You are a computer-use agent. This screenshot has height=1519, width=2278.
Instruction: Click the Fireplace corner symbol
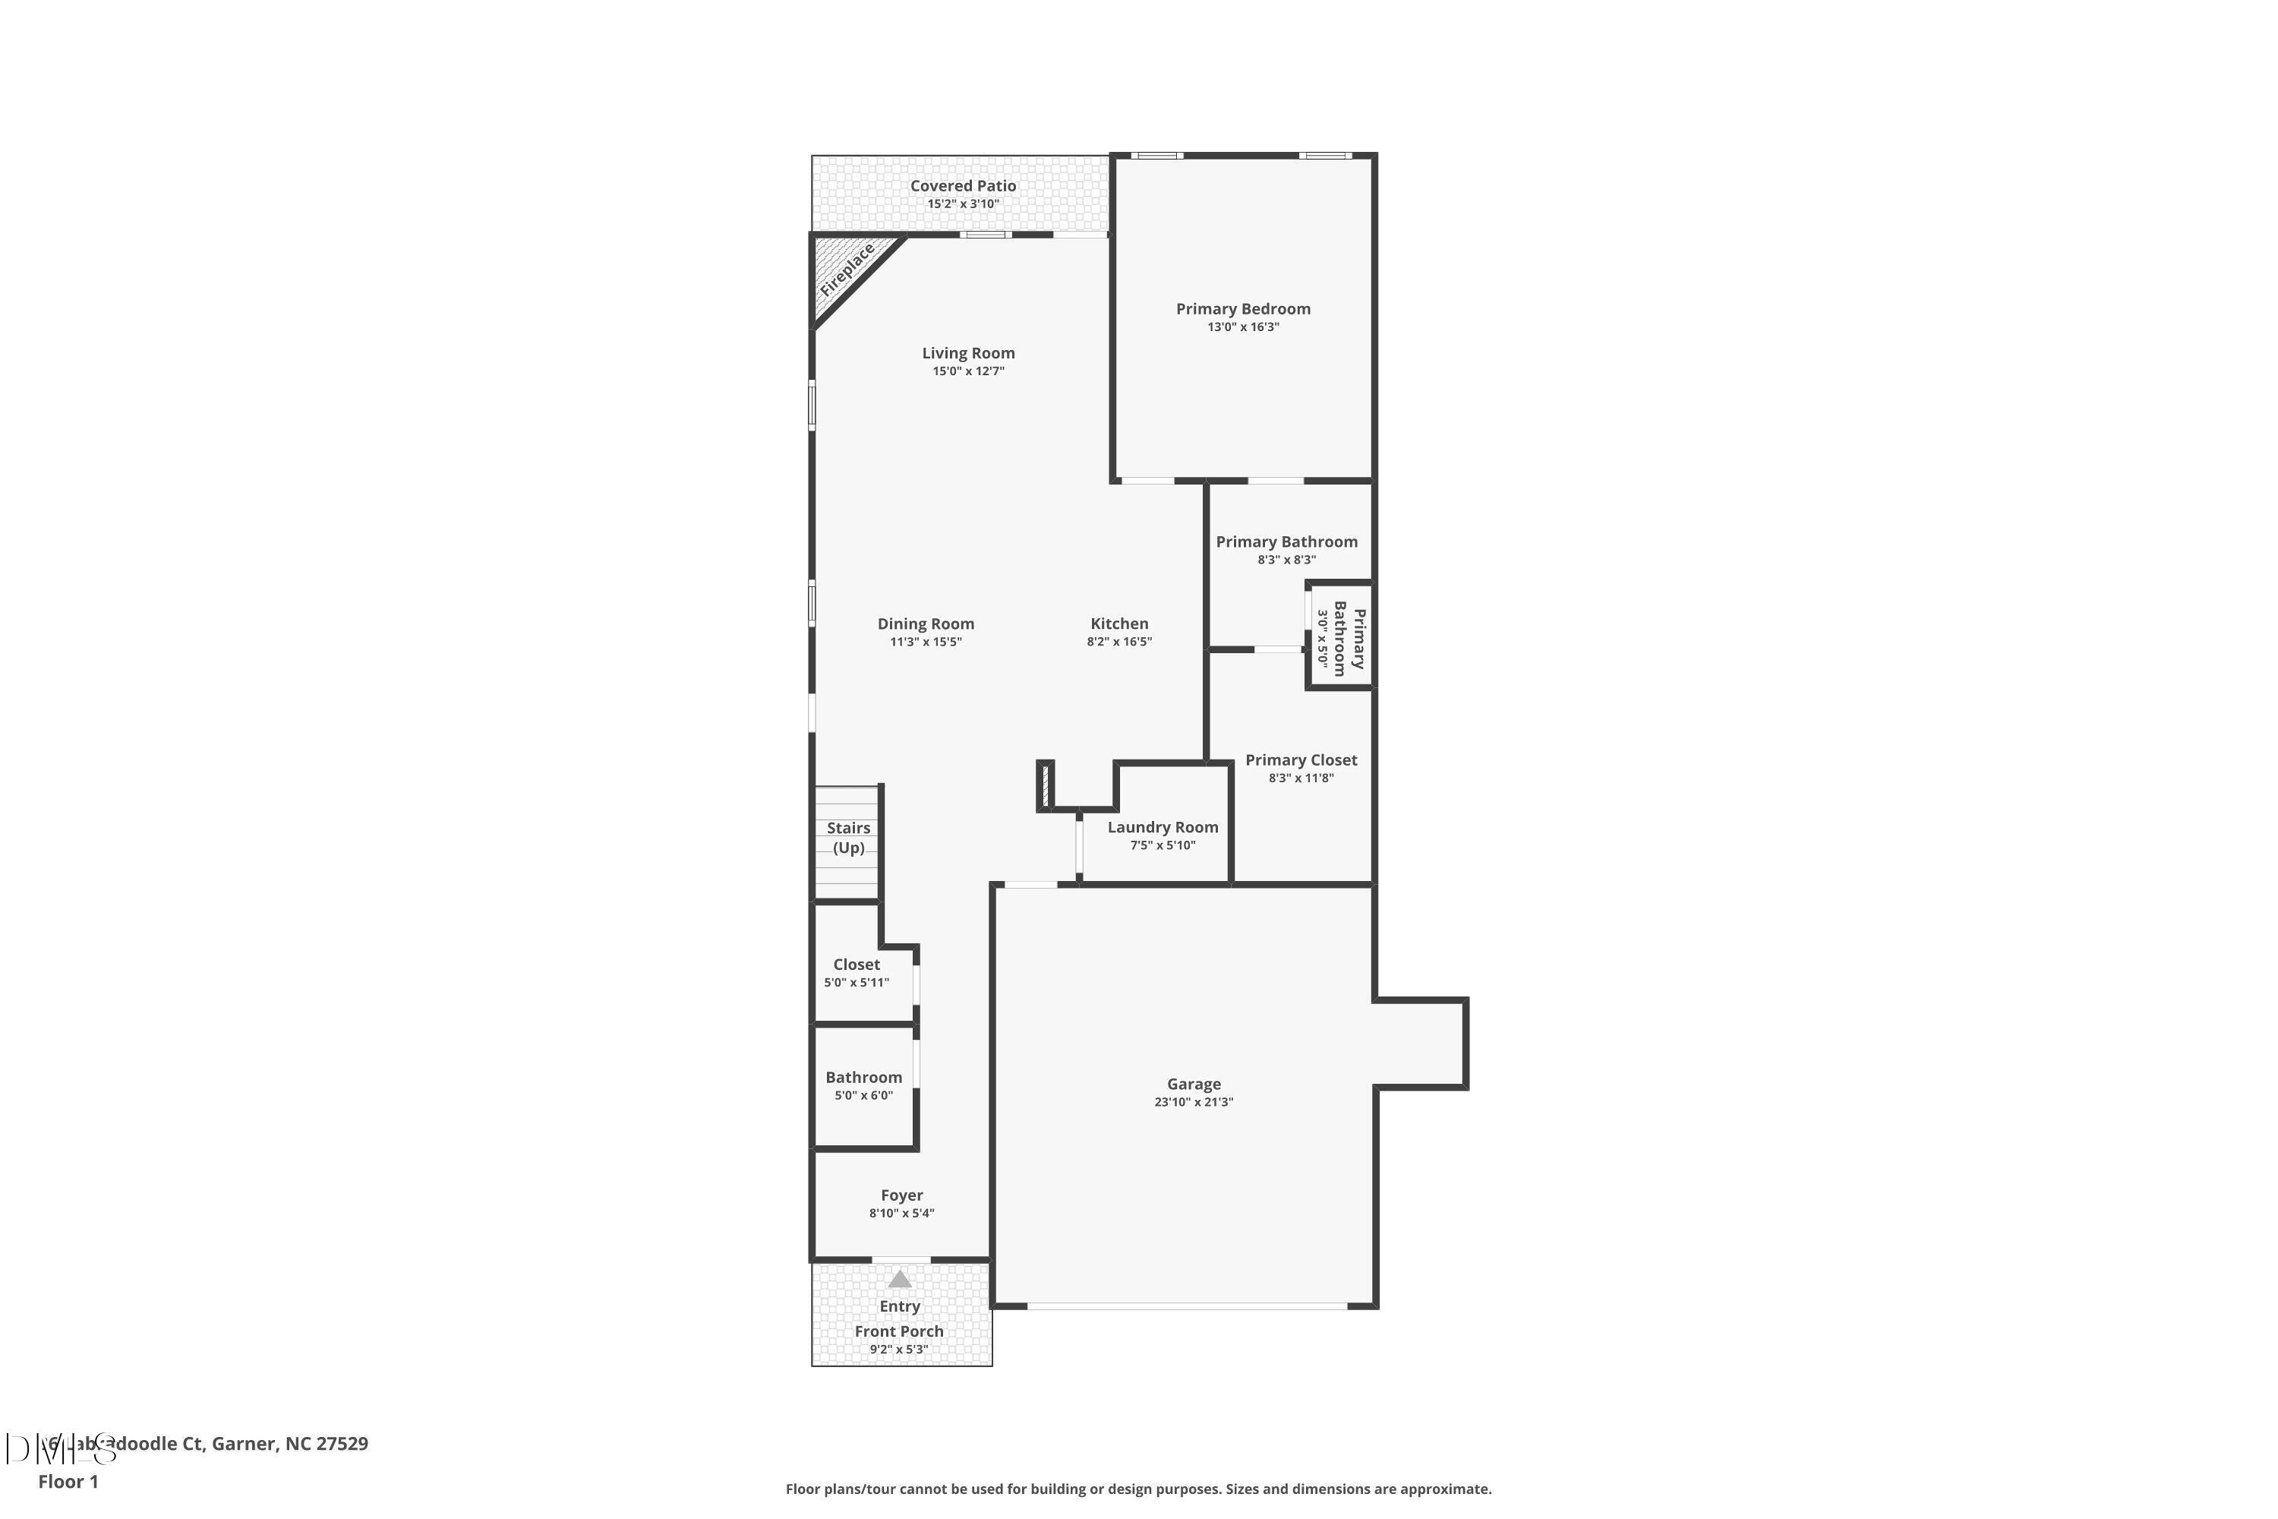click(846, 271)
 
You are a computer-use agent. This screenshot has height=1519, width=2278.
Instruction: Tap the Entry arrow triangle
click(900, 1279)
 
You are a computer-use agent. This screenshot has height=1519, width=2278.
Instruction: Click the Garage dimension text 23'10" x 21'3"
click(1193, 1103)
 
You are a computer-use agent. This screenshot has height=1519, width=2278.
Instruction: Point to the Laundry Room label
click(1163, 827)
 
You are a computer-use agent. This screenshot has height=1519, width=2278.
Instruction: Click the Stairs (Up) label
click(848, 838)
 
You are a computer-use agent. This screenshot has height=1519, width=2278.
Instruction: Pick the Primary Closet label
click(1301, 760)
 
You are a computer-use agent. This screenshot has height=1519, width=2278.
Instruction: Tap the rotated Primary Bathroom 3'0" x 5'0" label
click(1340, 637)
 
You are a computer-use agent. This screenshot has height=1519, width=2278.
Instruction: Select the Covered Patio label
click(963, 186)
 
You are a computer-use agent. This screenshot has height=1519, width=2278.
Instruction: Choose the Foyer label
click(902, 1195)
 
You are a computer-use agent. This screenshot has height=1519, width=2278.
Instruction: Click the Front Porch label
click(899, 1332)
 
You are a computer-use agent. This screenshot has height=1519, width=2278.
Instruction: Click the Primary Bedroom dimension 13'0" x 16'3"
click(1242, 327)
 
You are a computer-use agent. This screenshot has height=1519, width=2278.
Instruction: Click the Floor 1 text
click(68, 1481)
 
